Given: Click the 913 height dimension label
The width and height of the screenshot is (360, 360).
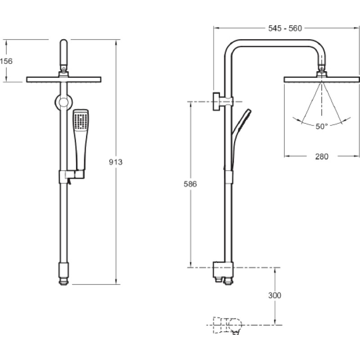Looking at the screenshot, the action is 116,162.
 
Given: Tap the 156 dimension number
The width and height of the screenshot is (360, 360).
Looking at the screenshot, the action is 6,61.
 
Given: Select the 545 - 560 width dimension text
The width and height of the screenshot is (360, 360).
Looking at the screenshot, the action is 285,28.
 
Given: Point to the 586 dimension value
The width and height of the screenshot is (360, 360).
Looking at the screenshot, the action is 190,184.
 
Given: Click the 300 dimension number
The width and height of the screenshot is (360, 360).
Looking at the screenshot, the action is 274,295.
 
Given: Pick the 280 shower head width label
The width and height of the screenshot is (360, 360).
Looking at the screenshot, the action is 322,157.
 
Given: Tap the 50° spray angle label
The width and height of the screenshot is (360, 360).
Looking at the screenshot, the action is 321,126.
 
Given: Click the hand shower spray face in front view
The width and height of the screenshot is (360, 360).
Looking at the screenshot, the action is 81,121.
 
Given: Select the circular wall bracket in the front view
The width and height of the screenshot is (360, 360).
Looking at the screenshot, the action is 63,103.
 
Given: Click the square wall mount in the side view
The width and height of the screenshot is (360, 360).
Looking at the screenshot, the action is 216,102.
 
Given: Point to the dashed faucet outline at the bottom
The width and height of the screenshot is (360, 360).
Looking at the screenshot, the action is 228,325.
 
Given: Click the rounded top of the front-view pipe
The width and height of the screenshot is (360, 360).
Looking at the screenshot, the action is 64,42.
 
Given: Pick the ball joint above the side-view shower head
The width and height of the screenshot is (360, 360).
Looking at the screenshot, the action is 322,68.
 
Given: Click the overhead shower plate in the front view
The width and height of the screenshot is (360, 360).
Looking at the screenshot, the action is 63,80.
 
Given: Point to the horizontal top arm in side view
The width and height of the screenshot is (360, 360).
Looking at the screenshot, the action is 275,43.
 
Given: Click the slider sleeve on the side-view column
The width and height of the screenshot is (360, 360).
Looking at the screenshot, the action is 228,177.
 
